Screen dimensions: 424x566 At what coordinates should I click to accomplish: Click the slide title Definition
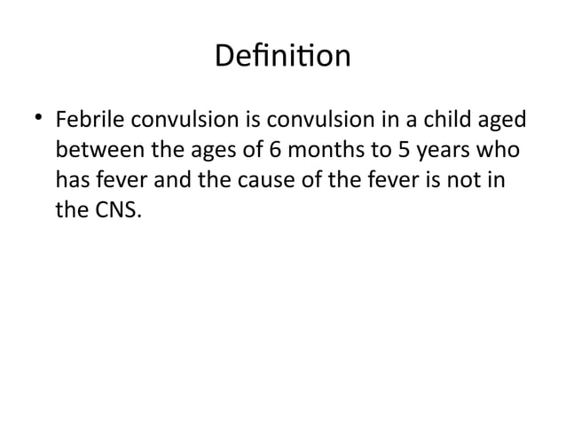point(283,57)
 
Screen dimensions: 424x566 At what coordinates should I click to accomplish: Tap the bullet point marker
point(38,119)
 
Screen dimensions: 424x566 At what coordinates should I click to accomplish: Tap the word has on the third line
point(73,183)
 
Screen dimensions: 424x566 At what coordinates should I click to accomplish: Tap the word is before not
point(439,183)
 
